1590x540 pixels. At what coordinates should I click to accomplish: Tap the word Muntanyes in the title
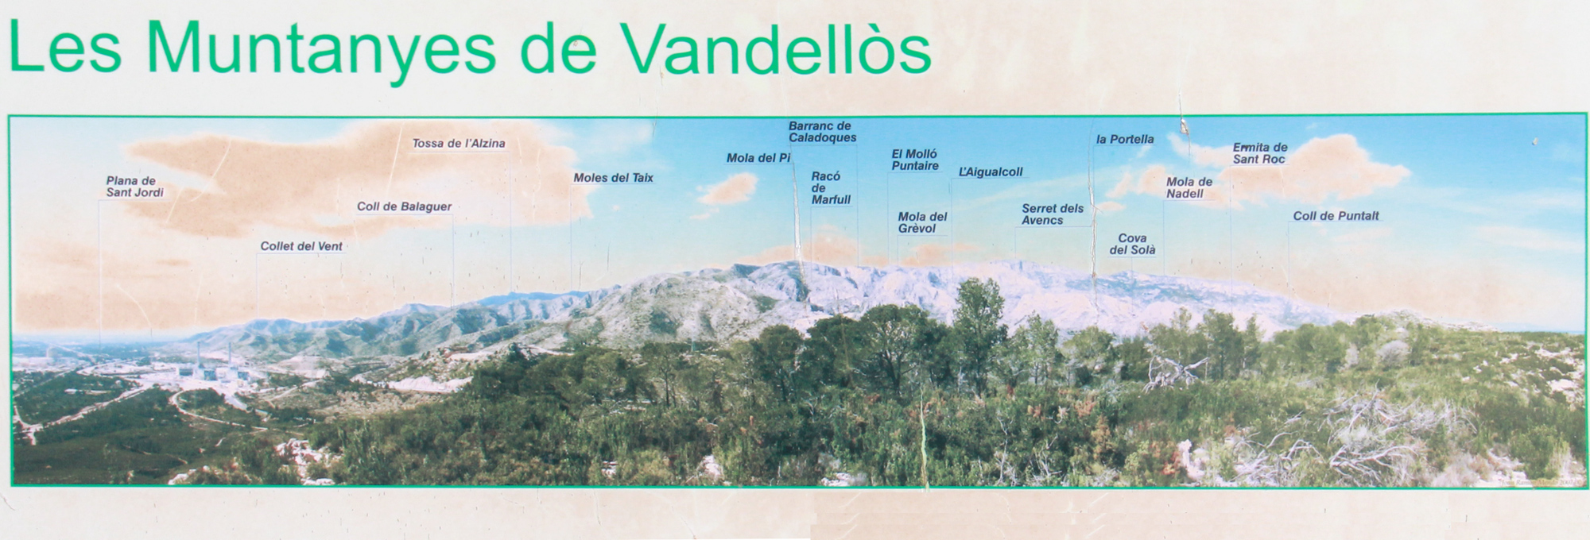(332, 52)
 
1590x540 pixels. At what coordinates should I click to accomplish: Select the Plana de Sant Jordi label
(135, 187)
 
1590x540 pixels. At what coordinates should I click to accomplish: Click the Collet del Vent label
(301, 246)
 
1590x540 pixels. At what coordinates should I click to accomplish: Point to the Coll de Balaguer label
(404, 206)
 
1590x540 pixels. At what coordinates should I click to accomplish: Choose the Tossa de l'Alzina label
(459, 144)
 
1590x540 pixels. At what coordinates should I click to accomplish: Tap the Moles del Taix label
(613, 178)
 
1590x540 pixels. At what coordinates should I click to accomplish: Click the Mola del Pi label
(758, 158)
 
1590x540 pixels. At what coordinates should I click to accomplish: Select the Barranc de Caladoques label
(823, 132)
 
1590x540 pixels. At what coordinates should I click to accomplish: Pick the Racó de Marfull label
(831, 188)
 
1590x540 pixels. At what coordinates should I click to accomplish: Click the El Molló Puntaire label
(915, 160)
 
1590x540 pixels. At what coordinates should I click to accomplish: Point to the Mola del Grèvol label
(922, 222)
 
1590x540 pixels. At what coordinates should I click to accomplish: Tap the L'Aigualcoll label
(991, 172)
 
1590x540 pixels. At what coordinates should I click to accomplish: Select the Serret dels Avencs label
(1053, 214)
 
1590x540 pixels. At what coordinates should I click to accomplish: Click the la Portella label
(1125, 139)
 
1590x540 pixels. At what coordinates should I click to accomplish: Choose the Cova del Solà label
(1132, 244)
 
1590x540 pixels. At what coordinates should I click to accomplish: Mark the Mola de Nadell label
(1189, 187)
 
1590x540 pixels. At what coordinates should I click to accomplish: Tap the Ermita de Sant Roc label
(1260, 153)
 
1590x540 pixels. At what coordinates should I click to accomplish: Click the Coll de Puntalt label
(1336, 216)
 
